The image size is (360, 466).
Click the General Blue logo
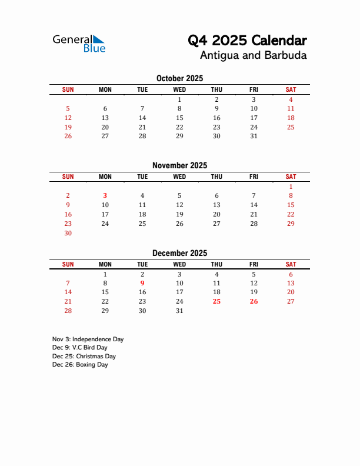79,44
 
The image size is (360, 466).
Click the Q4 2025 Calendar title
247,41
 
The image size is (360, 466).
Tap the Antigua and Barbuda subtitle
253,56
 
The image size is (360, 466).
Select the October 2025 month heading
179,78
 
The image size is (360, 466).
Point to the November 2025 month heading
179,165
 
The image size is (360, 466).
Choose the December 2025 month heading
179,253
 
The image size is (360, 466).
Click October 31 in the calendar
254,136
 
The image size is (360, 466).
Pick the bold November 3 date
105,196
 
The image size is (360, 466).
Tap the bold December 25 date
216,302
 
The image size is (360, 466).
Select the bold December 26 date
254,302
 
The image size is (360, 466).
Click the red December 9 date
142,283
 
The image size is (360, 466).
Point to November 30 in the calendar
68,233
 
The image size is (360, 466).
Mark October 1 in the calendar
179,99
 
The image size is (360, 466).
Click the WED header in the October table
179,89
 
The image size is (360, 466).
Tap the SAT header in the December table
291,264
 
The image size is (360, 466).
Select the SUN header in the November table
68,177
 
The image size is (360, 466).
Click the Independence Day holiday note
88,339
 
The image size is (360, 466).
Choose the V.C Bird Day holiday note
79,348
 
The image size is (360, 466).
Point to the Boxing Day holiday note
80,365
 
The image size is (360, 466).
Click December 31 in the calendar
179,311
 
